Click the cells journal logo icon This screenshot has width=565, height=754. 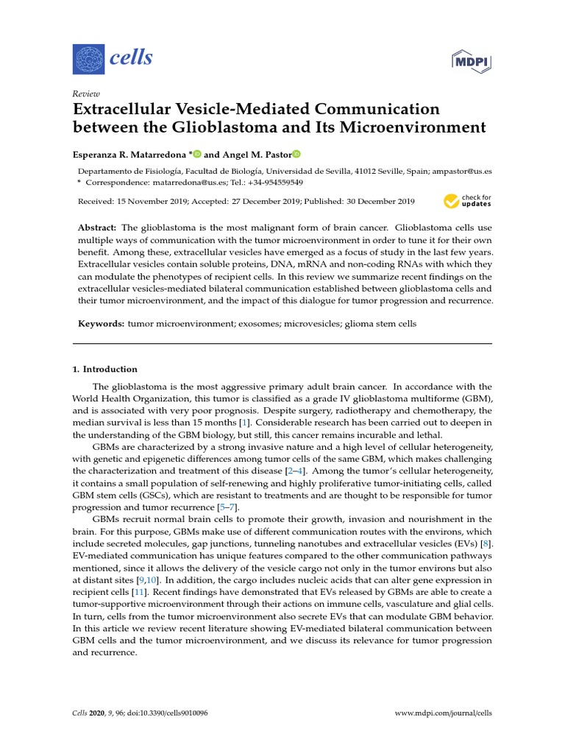(x=88, y=58)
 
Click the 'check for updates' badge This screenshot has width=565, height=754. (x=467, y=200)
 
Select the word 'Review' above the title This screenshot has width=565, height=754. (x=86, y=94)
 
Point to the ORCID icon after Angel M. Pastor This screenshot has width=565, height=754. (x=296, y=154)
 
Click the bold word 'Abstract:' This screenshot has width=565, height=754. (x=97, y=228)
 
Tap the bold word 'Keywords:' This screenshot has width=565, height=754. (x=102, y=324)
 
